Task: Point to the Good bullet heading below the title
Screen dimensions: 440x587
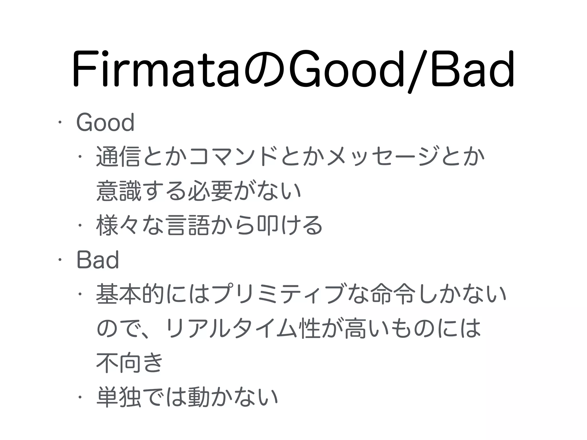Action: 105,123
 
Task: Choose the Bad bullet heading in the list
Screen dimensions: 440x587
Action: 98,260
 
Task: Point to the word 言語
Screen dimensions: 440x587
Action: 187,225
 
